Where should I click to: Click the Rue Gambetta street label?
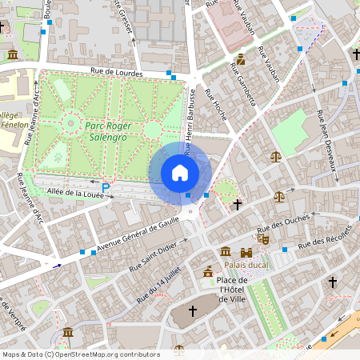click(244, 89)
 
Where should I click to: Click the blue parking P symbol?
click(105, 186)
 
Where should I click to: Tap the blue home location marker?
click(180, 172)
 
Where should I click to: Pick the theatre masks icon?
click(262, 238)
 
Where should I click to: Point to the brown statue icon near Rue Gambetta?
click(241, 59)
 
